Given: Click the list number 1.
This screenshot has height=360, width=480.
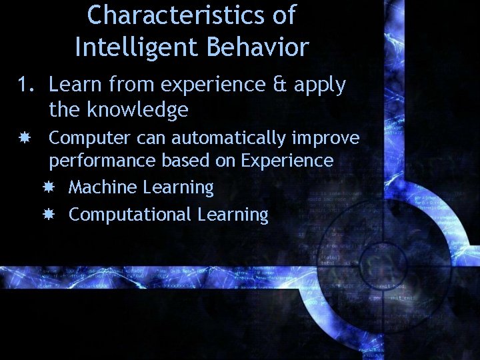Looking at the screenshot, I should (x=25, y=85).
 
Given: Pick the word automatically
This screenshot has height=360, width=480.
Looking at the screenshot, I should (x=229, y=139).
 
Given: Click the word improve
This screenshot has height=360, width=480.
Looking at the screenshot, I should (x=327, y=139).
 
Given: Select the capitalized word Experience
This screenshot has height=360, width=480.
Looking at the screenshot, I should (x=287, y=161).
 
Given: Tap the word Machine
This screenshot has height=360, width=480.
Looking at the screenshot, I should (x=103, y=187).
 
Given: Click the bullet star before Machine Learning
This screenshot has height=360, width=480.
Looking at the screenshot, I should (x=49, y=188).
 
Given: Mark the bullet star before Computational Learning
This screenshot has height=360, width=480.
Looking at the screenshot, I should (x=49, y=215).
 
